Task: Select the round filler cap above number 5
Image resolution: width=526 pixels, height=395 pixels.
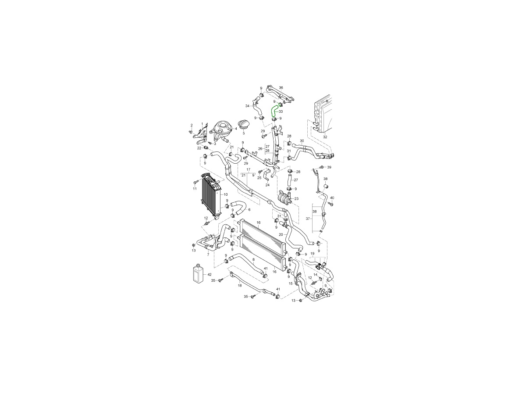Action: [x=243, y=126]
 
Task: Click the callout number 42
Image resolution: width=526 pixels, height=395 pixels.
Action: [x=209, y=274]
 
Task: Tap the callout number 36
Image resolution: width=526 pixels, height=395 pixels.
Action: [x=281, y=87]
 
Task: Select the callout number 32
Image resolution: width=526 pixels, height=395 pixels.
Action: [x=325, y=137]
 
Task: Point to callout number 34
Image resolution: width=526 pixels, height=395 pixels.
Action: [x=248, y=106]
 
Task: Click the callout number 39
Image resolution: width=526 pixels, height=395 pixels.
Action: [x=329, y=167]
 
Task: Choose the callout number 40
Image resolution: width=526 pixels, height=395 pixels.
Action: [x=332, y=198]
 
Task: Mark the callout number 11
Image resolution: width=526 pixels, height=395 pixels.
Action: [x=195, y=189]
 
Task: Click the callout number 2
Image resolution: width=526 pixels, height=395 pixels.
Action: [x=192, y=125]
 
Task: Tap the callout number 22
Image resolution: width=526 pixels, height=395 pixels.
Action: [x=199, y=148]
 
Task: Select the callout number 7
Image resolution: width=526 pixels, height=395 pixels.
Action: [x=208, y=255]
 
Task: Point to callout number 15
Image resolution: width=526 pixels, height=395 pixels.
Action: [x=291, y=284]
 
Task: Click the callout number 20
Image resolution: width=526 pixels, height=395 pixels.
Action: [x=281, y=234]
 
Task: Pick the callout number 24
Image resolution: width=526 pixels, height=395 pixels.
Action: [x=267, y=185]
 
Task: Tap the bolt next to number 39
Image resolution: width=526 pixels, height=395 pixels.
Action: [x=322, y=166]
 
